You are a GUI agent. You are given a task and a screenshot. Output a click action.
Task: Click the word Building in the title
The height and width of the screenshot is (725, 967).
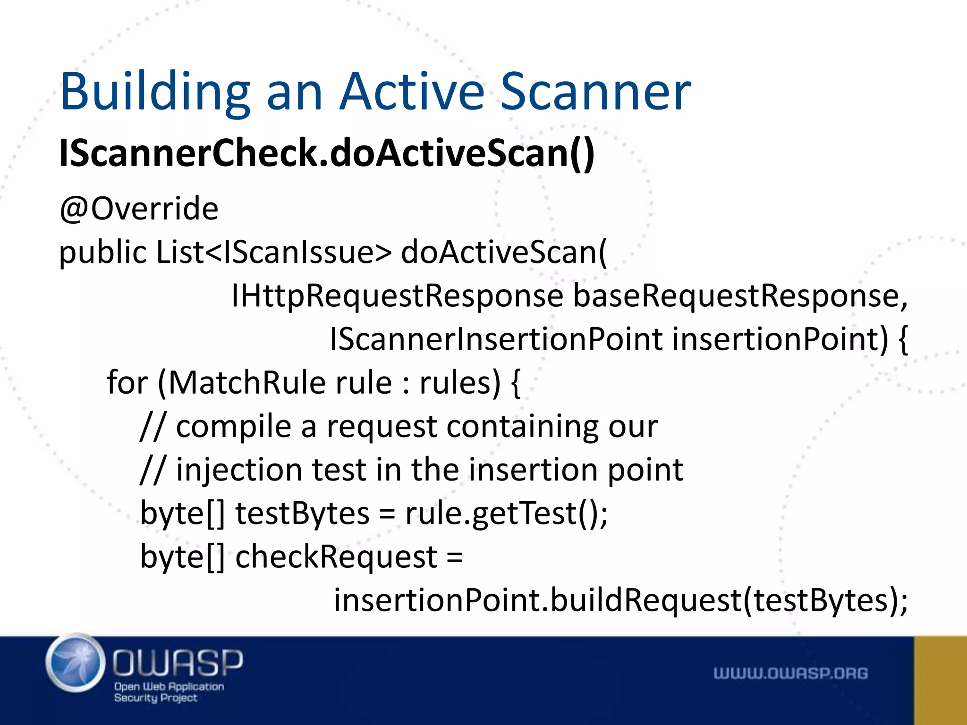[155, 92]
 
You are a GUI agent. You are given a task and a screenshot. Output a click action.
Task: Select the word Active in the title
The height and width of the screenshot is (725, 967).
[412, 92]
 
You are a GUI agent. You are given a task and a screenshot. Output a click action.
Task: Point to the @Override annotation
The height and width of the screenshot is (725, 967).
[139, 208]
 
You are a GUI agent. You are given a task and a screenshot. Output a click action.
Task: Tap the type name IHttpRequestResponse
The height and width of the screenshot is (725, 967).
[397, 296]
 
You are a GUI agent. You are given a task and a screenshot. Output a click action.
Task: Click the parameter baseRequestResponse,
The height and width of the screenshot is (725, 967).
[740, 296]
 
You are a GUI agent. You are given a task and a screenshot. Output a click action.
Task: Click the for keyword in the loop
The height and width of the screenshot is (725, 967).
[127, 382]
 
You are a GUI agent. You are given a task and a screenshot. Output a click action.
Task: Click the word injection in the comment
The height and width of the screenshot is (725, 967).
[239, 470]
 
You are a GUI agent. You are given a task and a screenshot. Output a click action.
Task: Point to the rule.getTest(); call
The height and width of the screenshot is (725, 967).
[506, 514]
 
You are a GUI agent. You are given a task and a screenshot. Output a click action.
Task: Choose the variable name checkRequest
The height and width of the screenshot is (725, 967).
[336, 557]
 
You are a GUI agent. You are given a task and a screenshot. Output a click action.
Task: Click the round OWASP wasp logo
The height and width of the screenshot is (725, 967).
[76, 663]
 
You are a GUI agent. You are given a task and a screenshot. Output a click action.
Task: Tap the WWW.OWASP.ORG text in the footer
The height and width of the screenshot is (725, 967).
[790, 673]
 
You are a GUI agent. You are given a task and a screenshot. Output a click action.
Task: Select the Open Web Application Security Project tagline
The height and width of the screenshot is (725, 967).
[169, 692]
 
